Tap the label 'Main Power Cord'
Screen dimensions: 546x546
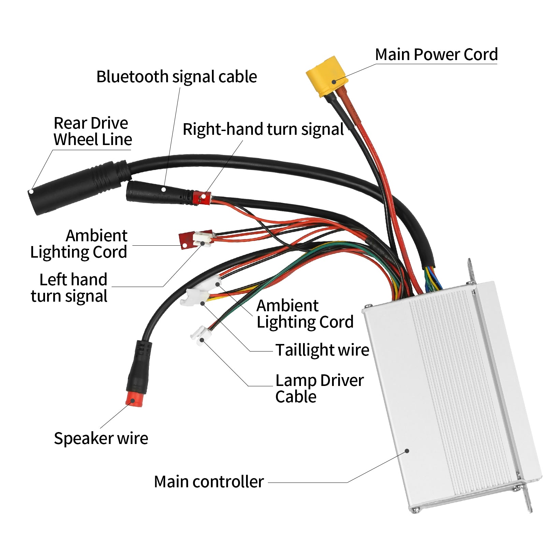436,55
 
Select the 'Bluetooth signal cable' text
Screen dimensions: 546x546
176,77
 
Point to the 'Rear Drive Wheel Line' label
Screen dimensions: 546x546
92,131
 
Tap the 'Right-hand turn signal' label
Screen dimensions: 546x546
263,130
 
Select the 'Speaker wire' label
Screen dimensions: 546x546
101,439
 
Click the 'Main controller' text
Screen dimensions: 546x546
209,482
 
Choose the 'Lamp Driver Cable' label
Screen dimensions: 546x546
319,388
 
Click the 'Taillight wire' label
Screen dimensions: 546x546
322,350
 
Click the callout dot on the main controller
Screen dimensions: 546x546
407,451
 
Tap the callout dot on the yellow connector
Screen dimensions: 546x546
334,82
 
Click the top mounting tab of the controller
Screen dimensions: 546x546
471,271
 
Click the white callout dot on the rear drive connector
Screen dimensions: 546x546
31,191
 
